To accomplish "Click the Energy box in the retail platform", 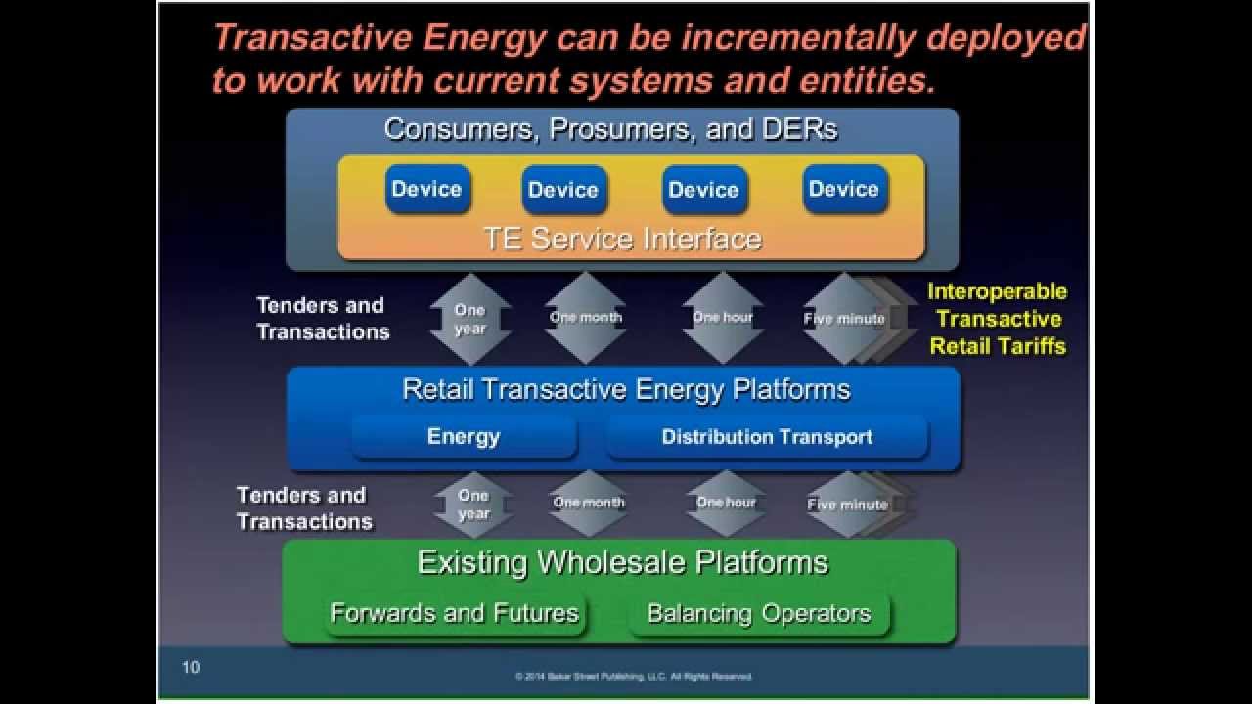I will (x=464, y=437).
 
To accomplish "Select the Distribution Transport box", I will (x=767, y=437).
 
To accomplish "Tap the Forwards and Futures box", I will (x=455, y=613).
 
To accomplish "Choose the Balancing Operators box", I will (x=759, y=613).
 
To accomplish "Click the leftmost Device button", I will (x=426, y=189).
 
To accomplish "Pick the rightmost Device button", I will (x=844, y=189).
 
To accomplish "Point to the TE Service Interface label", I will (x=622, y=239).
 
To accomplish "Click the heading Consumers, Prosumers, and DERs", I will (x=611, y=129).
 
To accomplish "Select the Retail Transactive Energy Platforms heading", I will (x=626, y=389).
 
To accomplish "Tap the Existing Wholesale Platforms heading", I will (x=623, y=562).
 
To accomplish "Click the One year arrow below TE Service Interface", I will (x=470, y=319).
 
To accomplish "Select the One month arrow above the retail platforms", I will (x=586, y=318).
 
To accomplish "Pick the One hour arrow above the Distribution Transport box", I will (x=724, y=318).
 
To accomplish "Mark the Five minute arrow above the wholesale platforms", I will (x=847, y=505).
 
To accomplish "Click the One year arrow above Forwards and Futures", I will (x=473, y=505).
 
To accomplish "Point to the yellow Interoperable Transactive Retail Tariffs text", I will (x=997, y=319).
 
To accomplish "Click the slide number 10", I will (x=191, y=668).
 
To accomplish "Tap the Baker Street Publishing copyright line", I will (x=634, y=676).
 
